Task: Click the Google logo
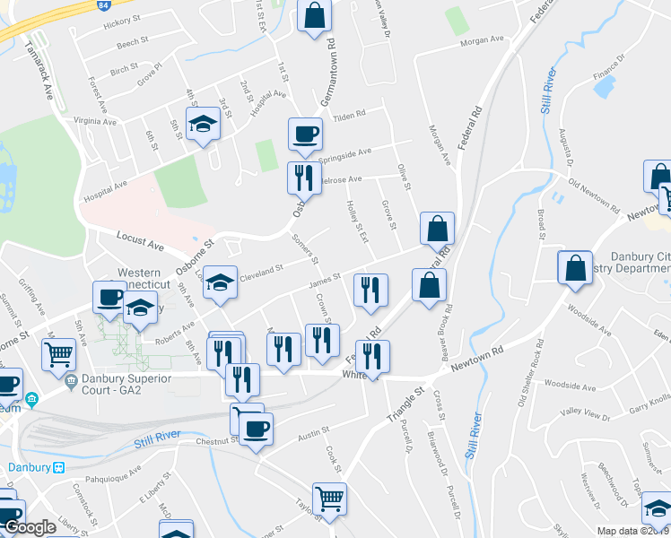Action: (x=30, y=528)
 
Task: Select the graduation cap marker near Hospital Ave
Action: (x=203, y=125)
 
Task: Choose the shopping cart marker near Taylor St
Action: (x=329, y=499)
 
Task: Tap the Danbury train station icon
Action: (x=59, y=467)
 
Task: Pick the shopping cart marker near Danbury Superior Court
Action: (x=59, y=353)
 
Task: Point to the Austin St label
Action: (x=314, y=436)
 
